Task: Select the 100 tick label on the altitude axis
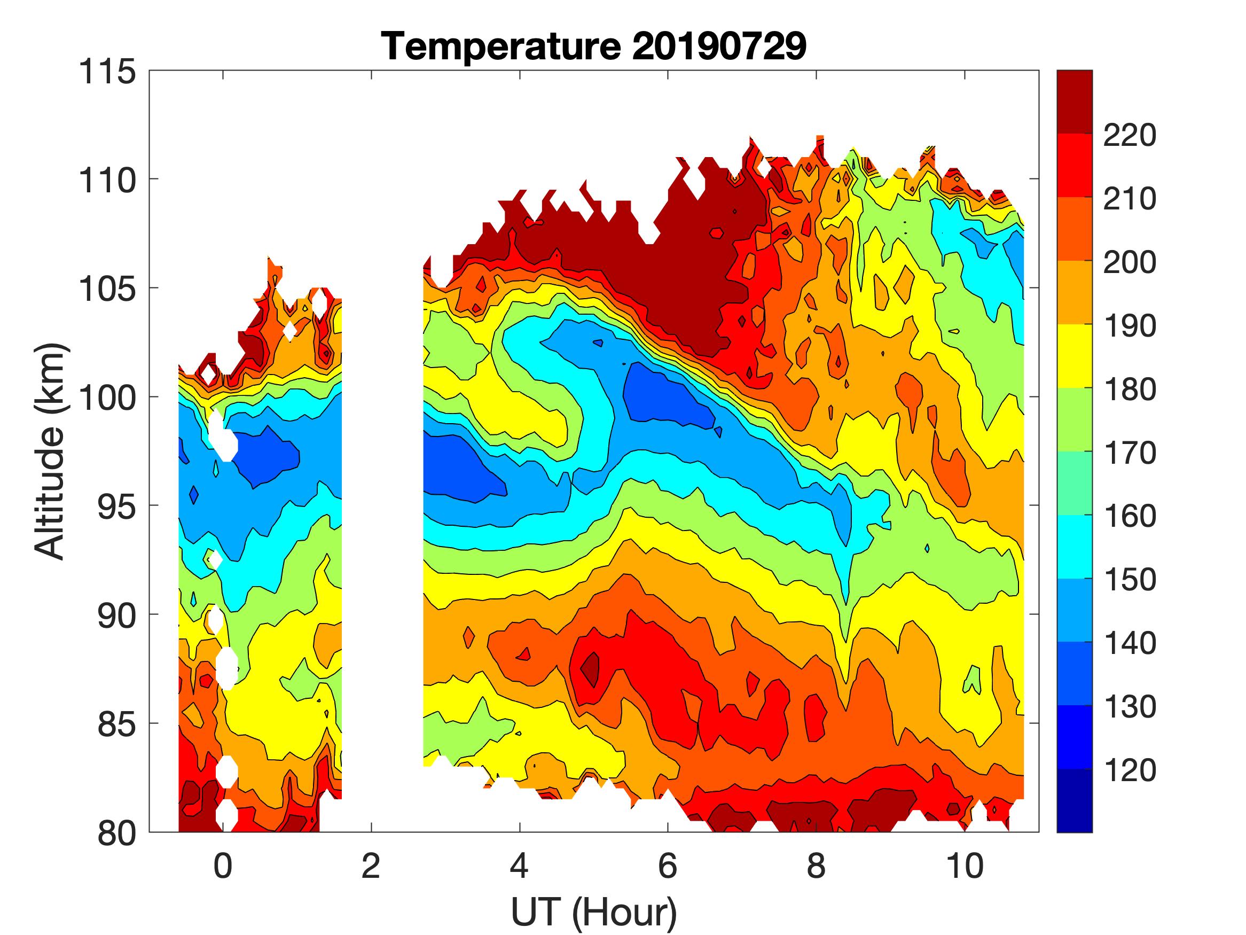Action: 107,398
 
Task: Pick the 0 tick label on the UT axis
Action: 223,865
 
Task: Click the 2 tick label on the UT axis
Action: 371,865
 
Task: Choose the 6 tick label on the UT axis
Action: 668,865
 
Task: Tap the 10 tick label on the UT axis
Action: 965,865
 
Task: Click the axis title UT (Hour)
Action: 594,912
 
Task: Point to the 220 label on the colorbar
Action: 1130,135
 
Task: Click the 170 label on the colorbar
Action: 1130,453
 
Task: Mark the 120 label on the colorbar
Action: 1130,770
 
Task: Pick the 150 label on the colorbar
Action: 1130,580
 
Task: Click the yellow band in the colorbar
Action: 1074,356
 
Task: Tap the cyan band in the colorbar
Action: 1074,547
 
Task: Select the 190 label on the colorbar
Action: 1130,326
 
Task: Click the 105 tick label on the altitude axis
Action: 107,289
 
